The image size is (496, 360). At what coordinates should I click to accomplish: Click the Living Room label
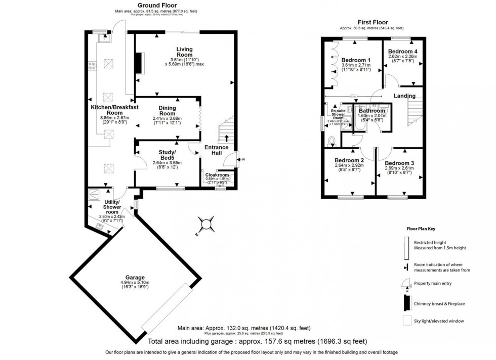click(184, 52)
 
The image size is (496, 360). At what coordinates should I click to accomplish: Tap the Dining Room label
click(167, 111)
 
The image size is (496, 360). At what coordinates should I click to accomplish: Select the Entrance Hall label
click(217, 150)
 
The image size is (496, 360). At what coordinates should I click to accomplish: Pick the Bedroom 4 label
click(403, 51)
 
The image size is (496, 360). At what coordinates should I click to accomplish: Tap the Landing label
click(404, 96)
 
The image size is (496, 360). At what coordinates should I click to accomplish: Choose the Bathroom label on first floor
click(372, 111)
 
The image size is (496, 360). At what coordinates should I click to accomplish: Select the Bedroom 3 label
click(399, 163)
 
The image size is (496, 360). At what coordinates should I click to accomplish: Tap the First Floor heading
click(371, 22)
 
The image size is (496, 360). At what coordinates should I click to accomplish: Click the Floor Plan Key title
click(421, 229)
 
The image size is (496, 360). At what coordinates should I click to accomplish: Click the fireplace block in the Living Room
click(138, 63)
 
